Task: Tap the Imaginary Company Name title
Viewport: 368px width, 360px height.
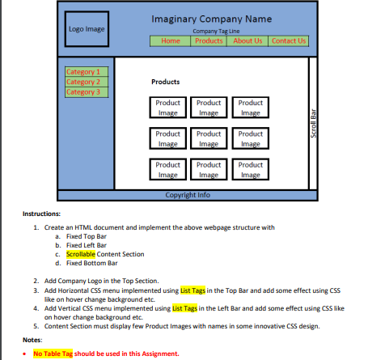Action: [x=211, y=19]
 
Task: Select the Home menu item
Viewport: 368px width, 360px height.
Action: [x=171, y=40]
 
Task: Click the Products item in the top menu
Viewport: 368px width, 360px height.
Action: [x=209, y=40]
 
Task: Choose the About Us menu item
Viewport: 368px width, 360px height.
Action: [x=247, y=40]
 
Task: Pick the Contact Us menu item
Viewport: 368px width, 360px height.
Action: [x=289, y=40]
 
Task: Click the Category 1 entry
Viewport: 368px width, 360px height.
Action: [x=83, y=72]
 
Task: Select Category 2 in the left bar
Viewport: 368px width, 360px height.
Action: [x=83, y=82]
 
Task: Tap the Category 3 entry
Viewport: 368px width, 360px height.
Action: [x=83, y=91]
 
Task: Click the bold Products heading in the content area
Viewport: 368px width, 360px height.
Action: [x=165, y=83]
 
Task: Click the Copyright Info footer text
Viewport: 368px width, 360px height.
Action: [x=188, y=195]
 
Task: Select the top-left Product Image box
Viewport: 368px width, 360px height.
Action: [x=167, y=108]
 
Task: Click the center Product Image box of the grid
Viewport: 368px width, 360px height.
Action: [x=209, y=138]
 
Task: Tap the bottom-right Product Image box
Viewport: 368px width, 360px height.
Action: [x=250, y=168]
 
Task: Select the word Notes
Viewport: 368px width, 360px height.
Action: [x=32, y=340]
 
